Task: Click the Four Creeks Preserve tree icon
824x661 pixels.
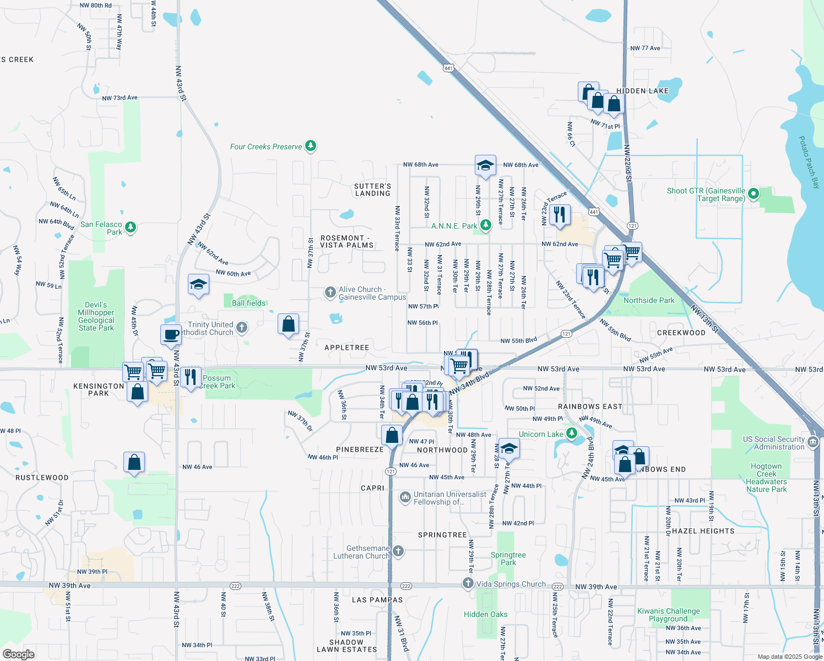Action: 311,146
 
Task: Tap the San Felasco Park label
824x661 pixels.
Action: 101,228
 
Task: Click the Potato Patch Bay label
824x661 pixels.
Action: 809,162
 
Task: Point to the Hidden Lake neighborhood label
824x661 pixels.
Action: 642,91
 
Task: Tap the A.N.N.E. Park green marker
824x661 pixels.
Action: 485,225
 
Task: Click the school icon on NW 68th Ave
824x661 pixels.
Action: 485,165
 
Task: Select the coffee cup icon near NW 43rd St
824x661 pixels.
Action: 171,334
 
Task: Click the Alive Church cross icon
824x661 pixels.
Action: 330,292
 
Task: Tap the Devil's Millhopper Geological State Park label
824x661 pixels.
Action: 96,316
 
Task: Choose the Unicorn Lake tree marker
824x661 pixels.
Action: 572,434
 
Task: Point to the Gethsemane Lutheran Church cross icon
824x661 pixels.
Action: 398,551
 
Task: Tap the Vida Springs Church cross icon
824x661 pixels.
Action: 468,583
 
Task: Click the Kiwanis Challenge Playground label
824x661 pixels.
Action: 668,615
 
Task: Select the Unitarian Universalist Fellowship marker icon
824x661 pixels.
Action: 405,498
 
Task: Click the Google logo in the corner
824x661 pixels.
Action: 18,654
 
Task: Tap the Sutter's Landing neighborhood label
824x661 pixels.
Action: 372,189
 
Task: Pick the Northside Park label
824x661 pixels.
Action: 649,300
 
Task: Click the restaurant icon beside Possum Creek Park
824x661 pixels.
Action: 191,378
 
